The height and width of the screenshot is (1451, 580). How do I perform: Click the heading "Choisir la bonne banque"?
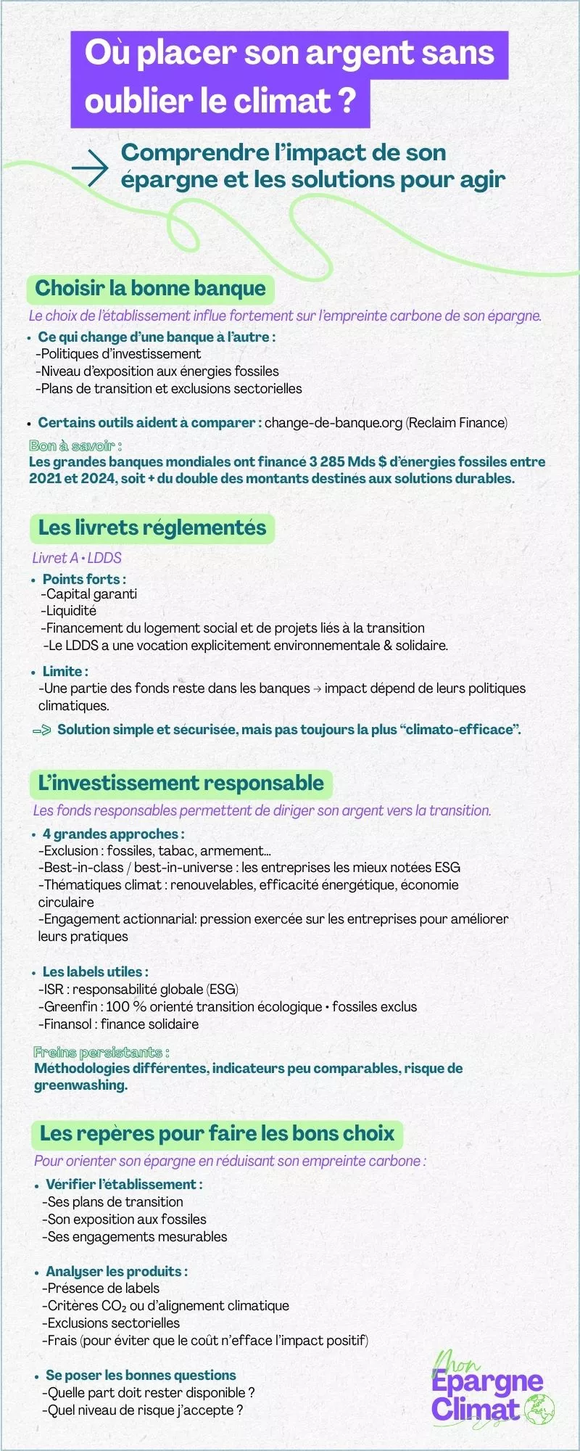(x=151, y=288)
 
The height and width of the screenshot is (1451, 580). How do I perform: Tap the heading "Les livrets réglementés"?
(x=152, y=527)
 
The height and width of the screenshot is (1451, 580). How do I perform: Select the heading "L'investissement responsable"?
(x=181, y=783)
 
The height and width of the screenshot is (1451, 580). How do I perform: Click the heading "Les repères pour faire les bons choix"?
(x=217, y=1133)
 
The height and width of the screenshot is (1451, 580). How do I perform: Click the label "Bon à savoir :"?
(x=75, y=445)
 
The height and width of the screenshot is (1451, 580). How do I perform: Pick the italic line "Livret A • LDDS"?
(x=77, y=558)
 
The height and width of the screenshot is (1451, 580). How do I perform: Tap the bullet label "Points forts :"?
(x=84, y=579)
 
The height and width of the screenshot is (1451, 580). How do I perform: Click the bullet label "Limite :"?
(x=65, y=671)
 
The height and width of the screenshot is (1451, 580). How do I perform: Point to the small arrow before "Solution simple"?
(x=42, y=730)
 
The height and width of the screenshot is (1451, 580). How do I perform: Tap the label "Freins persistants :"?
(x=101, y=1052)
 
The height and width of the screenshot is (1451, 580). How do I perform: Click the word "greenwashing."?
(x=80, y=1085)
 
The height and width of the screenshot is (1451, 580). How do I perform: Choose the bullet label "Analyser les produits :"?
(x=117, y=1271)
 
